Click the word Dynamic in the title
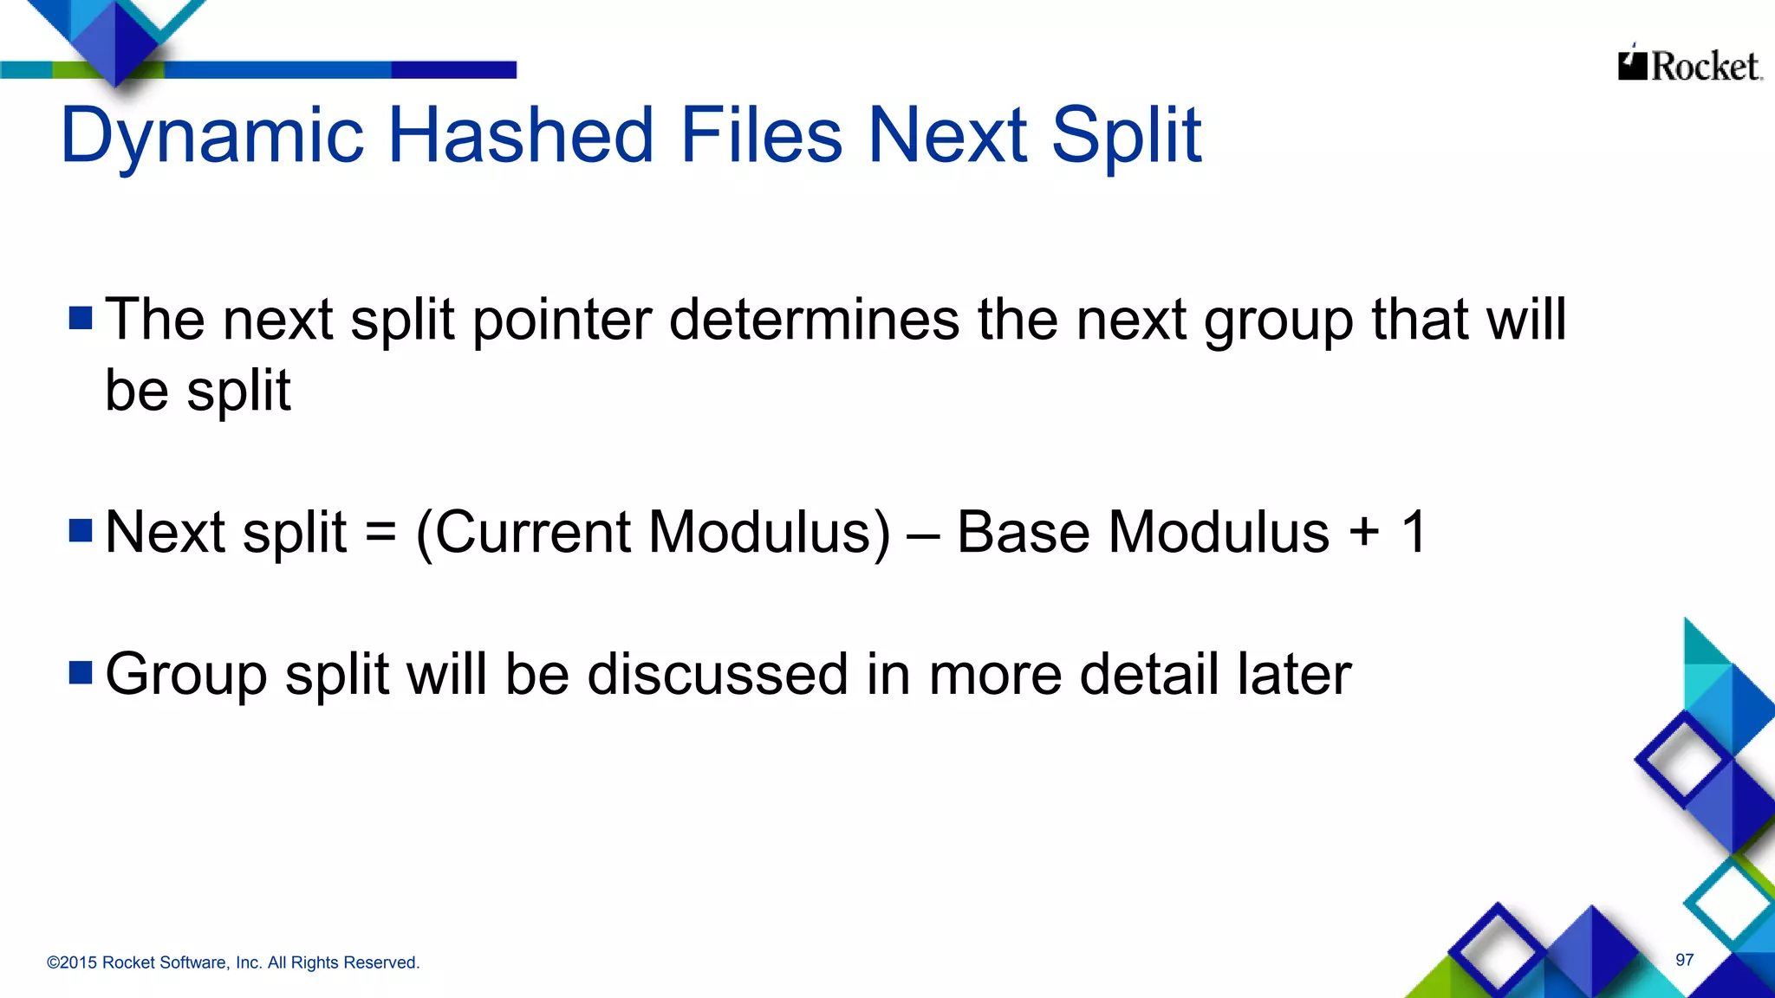click(x=212, y=136)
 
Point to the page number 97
click(x=1684, y=960)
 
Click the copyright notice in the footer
click(x=233, y=962)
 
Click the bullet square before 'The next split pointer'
click(x=81, y=318)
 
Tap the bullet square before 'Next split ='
click(x=81, y=529)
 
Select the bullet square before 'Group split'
click(x=81, y=672)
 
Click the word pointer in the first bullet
click(x=562, y=321)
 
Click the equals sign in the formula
click(x=381, y=531)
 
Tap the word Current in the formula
click(x=531, y=531)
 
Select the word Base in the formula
click(x=1023, y=531)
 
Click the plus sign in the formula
click(x=1364, y=531)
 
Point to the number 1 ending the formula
click(x=1414, y=531)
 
